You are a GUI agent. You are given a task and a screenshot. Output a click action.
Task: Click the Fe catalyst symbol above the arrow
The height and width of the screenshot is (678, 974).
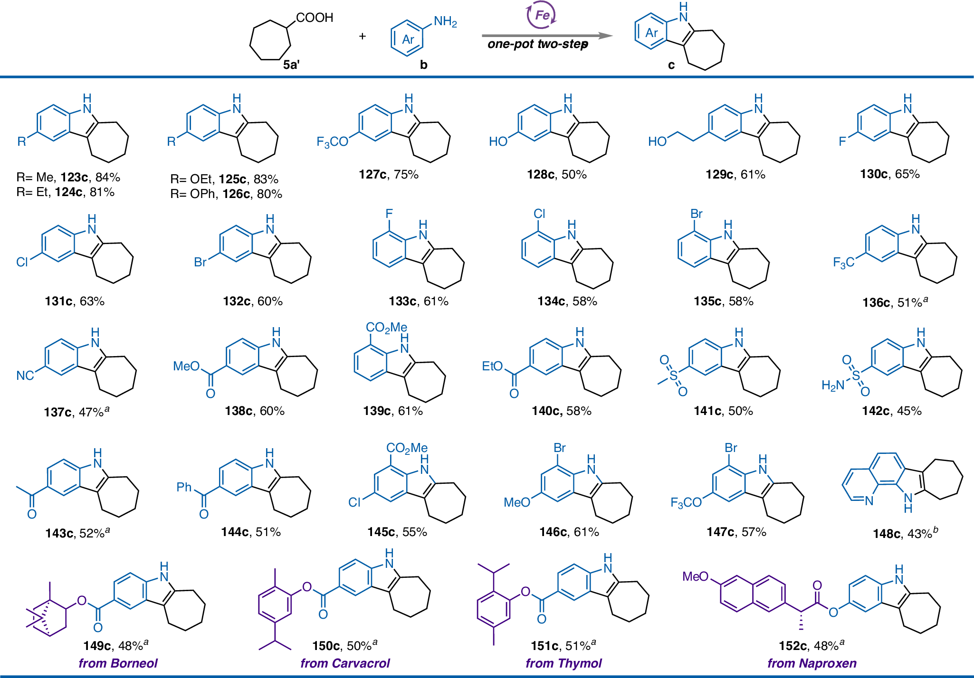542,16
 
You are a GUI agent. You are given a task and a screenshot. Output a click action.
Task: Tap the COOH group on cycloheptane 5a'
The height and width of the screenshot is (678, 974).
315,18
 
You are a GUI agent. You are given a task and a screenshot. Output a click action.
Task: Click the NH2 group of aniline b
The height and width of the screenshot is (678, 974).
445,21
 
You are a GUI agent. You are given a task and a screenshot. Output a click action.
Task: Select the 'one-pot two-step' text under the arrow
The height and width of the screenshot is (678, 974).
538,45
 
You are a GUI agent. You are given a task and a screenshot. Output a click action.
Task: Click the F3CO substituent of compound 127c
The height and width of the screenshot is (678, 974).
332,141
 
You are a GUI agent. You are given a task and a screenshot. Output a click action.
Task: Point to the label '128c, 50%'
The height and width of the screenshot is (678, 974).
556,175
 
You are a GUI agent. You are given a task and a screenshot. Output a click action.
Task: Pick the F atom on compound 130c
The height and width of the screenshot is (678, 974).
842,141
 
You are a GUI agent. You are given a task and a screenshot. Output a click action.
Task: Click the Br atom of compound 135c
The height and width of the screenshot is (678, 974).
696,214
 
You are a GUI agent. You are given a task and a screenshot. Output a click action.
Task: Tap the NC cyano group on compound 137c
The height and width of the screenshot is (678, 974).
25,376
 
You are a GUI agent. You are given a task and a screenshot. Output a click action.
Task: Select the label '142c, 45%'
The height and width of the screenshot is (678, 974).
891,411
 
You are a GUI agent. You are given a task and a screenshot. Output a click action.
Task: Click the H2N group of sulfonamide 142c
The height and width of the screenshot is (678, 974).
832,386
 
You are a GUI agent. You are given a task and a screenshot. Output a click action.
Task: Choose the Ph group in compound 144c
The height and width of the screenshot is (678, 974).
184,487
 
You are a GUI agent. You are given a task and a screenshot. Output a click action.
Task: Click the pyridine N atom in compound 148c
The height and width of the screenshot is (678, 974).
869,501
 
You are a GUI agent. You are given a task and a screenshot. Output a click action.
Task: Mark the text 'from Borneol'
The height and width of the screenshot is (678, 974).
118,663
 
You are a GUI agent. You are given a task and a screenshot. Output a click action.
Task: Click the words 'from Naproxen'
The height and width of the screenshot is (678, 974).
812,663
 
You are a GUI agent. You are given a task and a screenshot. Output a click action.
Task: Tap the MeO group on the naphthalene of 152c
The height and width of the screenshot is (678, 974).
695,576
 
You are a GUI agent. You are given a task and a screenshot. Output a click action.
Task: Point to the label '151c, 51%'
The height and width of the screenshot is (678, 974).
563,646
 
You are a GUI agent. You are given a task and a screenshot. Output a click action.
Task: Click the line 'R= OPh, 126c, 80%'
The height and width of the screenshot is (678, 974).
226,194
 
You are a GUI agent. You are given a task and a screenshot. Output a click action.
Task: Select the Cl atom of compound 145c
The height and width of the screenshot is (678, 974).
354,502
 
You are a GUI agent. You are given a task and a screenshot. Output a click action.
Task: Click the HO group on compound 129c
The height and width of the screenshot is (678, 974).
658,141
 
